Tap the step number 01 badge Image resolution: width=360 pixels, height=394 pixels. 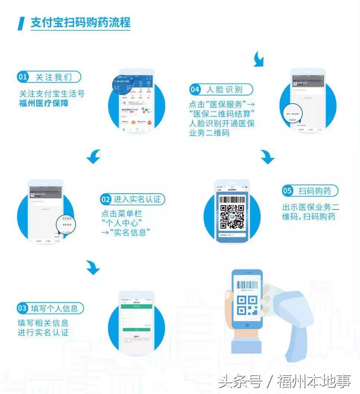click(23, 77)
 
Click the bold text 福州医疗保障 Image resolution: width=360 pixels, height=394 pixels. click(44, 103)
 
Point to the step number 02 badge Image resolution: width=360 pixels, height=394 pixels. click(106, 199)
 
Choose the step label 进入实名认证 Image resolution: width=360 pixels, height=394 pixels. click(137, 199)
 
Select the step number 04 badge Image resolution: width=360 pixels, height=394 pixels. click(195, 89)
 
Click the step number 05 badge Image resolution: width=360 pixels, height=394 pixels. click(287, 191)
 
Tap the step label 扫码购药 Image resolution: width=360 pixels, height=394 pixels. click(315, 191)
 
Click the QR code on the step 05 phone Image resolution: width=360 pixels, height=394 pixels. click(232, 217)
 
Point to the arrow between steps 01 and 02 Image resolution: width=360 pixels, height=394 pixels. click(93, 157)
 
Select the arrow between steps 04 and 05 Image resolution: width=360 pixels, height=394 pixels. click(267, 157)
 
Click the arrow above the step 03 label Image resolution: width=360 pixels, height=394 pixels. click(93, 267)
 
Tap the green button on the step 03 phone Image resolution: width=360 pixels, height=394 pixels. click(136, 330)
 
